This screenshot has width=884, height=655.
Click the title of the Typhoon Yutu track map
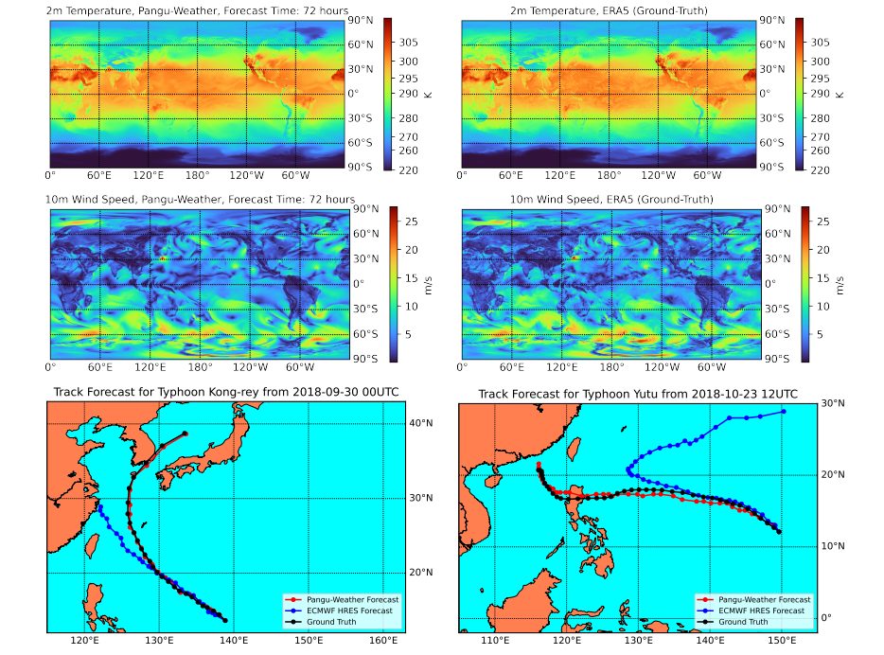[x=637, y=394]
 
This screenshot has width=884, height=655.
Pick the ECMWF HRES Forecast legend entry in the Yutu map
[x=764, y=611]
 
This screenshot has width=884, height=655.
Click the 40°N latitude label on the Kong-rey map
[x=420, y=423]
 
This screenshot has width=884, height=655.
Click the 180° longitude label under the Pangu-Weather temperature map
[x=198, y=175]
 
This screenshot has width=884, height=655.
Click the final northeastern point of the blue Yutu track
[x=784, y=411]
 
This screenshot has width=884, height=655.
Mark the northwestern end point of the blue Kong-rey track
[x=97, y=506]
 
